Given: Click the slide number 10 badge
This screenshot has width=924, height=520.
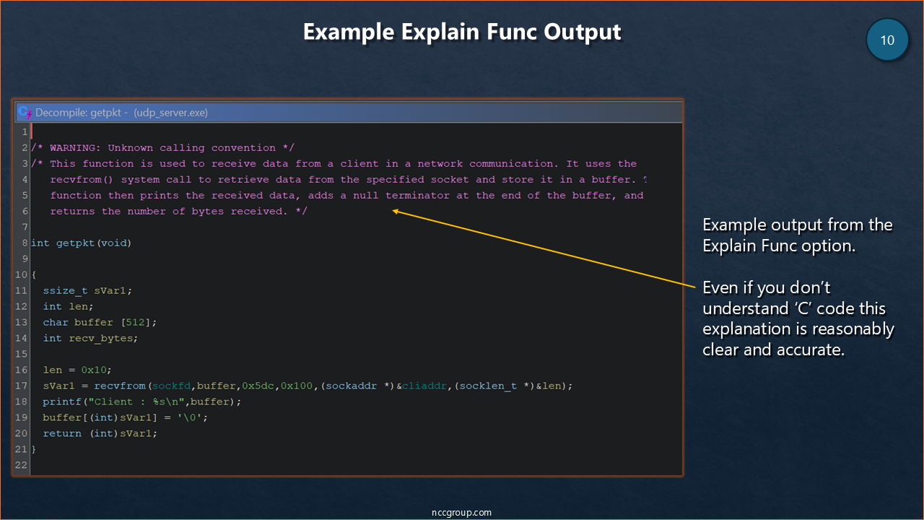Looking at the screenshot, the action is click(x=887, y=40).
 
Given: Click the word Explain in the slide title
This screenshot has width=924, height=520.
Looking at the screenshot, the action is click(x=440, y=32).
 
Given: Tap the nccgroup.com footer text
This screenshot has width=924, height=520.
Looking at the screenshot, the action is click(x=461, y=512).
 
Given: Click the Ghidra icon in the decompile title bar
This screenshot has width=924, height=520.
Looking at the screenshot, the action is click(x=25, y=112).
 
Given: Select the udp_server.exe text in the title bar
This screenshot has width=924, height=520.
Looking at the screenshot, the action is click(x=171, y=113).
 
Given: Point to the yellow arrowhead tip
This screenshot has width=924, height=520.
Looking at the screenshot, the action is click(x=392, y=211).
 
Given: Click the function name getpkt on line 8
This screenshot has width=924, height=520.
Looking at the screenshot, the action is click(x=75, y=243).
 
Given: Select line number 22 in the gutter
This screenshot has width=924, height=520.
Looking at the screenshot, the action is click(x=22, y=465).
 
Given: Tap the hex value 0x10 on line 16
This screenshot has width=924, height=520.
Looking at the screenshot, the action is click(x=94, y=370).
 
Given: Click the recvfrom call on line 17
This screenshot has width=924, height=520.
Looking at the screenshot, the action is click(x=120, y=386).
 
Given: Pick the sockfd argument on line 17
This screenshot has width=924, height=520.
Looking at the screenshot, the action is click(x=171, y=386).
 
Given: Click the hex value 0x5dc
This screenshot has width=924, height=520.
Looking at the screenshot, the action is click(x=258, y=386).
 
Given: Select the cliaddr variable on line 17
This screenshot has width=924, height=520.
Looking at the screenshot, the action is click(x=424, y=386).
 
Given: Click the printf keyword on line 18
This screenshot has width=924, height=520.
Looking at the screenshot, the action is click(x=62, y=402).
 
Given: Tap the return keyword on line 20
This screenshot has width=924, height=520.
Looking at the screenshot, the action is click(x=62, y=433).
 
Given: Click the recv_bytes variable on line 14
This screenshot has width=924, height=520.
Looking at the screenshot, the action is click(x=101, y=339).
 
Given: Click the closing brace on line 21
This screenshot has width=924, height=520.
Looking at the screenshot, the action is click(x=34, y=449).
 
